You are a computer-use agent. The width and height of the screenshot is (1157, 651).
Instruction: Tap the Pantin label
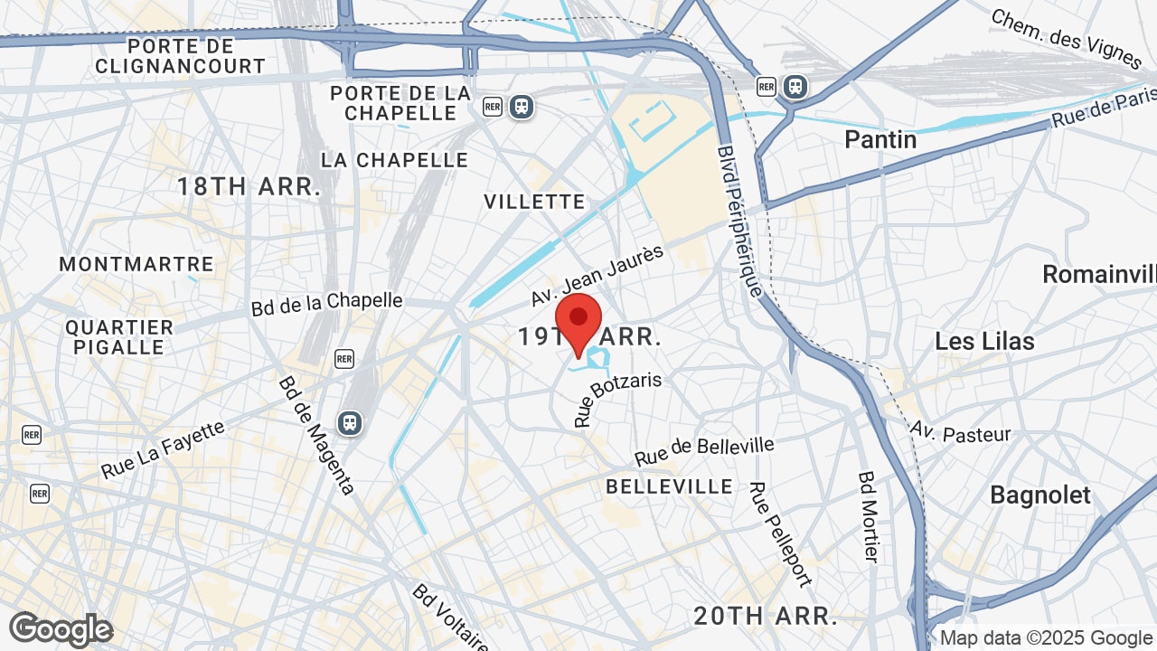[x=880, y=139]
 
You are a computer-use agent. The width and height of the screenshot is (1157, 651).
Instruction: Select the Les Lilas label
[x=984, y=341]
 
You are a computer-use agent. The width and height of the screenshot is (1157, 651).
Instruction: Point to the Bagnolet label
[x=1040, y=495]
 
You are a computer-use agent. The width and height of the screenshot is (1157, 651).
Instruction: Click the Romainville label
[x=1099, y=274]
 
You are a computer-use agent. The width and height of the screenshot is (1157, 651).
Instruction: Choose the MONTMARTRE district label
[x=136, y=264]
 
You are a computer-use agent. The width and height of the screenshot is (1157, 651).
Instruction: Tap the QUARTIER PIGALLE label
[x=119, y=337]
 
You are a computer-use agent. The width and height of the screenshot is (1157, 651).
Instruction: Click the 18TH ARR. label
[x=249, y=187]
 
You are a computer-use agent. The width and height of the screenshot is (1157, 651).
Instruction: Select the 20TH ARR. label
[x=765, y=616]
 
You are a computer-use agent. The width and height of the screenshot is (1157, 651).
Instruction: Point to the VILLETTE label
[x=534, y=201]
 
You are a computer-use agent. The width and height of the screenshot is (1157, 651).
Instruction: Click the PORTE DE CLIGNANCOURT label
[x=181, y=56]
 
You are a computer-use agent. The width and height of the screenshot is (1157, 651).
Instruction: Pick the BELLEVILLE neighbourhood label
[x=669, y=486]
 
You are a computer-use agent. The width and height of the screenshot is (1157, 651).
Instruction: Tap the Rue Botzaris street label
[x=617, y=399]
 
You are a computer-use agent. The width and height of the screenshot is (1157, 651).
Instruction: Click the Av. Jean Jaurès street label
[x=597, y=275]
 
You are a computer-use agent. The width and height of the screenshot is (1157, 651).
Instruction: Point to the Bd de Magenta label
[x=315, y=435]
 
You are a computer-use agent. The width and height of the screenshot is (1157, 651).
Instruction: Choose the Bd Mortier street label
[x=869, y=516]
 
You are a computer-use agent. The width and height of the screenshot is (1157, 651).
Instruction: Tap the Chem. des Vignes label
[x=1067, y=38]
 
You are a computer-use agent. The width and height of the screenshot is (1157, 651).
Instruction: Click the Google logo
[x=61, y=629]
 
